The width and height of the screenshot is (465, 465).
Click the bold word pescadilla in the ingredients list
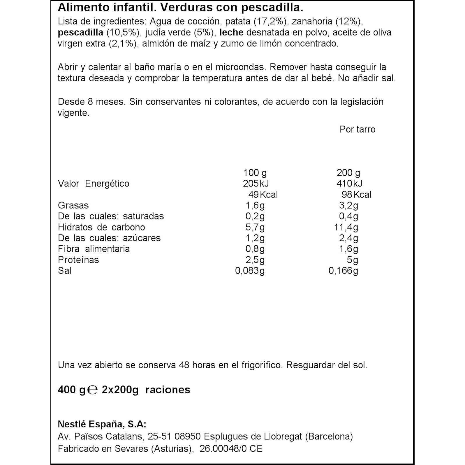80,32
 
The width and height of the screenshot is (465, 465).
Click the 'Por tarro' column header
357,129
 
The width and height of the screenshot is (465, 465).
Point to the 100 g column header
255,173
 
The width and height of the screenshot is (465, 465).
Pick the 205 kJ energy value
256,184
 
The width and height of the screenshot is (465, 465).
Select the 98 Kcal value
356,195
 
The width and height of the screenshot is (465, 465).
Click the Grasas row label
73,205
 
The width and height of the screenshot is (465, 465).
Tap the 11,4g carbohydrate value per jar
346,227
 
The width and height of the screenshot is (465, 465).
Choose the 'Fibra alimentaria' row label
94,249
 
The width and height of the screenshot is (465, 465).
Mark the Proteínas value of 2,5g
255,260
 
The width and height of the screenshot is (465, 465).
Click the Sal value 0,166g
343,271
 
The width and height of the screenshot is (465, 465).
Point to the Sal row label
65,271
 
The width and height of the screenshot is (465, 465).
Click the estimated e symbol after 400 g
92,390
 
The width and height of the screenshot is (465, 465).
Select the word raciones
168,390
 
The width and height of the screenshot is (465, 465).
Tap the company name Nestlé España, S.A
102,424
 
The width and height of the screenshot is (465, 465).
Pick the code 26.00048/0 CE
231,449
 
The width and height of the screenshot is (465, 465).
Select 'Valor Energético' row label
94,184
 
